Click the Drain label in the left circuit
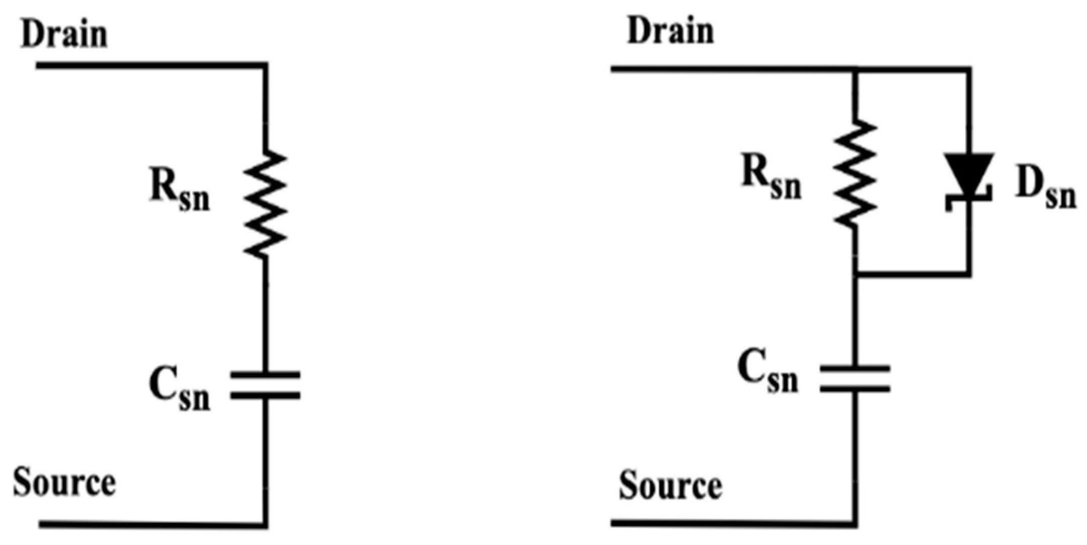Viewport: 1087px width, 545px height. (64, 35)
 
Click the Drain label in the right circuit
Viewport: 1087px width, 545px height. (670, 31)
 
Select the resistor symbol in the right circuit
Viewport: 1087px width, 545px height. (855, 174)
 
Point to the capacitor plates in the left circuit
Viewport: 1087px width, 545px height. (265, 385)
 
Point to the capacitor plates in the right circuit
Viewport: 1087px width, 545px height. (855, 378)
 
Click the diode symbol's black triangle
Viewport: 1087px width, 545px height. (969, 171)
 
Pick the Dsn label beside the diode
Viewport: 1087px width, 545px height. (1045, 191)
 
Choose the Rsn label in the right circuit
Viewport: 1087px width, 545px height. (771, 180)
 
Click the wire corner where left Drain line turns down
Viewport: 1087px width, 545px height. (265, 65)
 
